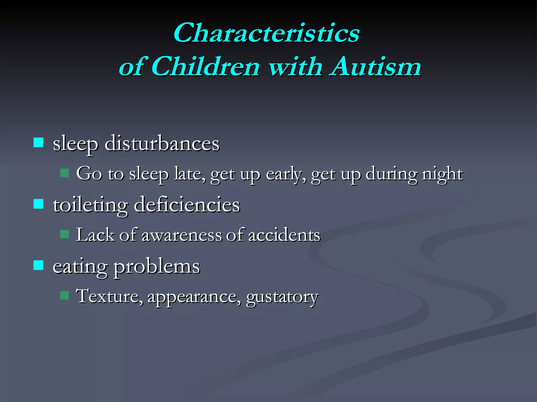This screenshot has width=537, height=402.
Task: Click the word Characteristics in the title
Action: tap(266, 33)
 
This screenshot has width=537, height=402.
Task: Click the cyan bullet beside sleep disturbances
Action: tap(39, 143)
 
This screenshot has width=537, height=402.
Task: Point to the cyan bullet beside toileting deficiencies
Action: tap(39, 204)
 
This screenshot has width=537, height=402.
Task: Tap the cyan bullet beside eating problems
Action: tap(39, 265)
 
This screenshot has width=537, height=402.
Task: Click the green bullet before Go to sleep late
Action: tap(65, 173)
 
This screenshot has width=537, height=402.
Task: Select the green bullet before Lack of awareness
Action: tap(65, 234)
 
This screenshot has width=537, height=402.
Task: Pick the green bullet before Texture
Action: tap(65, 295)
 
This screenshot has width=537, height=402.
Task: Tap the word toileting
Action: tap(90, 205)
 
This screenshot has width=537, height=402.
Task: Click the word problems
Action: tap(157, 267)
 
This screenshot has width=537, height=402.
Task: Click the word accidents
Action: tap(284, 235)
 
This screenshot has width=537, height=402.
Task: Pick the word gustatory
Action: tap(282, 297)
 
